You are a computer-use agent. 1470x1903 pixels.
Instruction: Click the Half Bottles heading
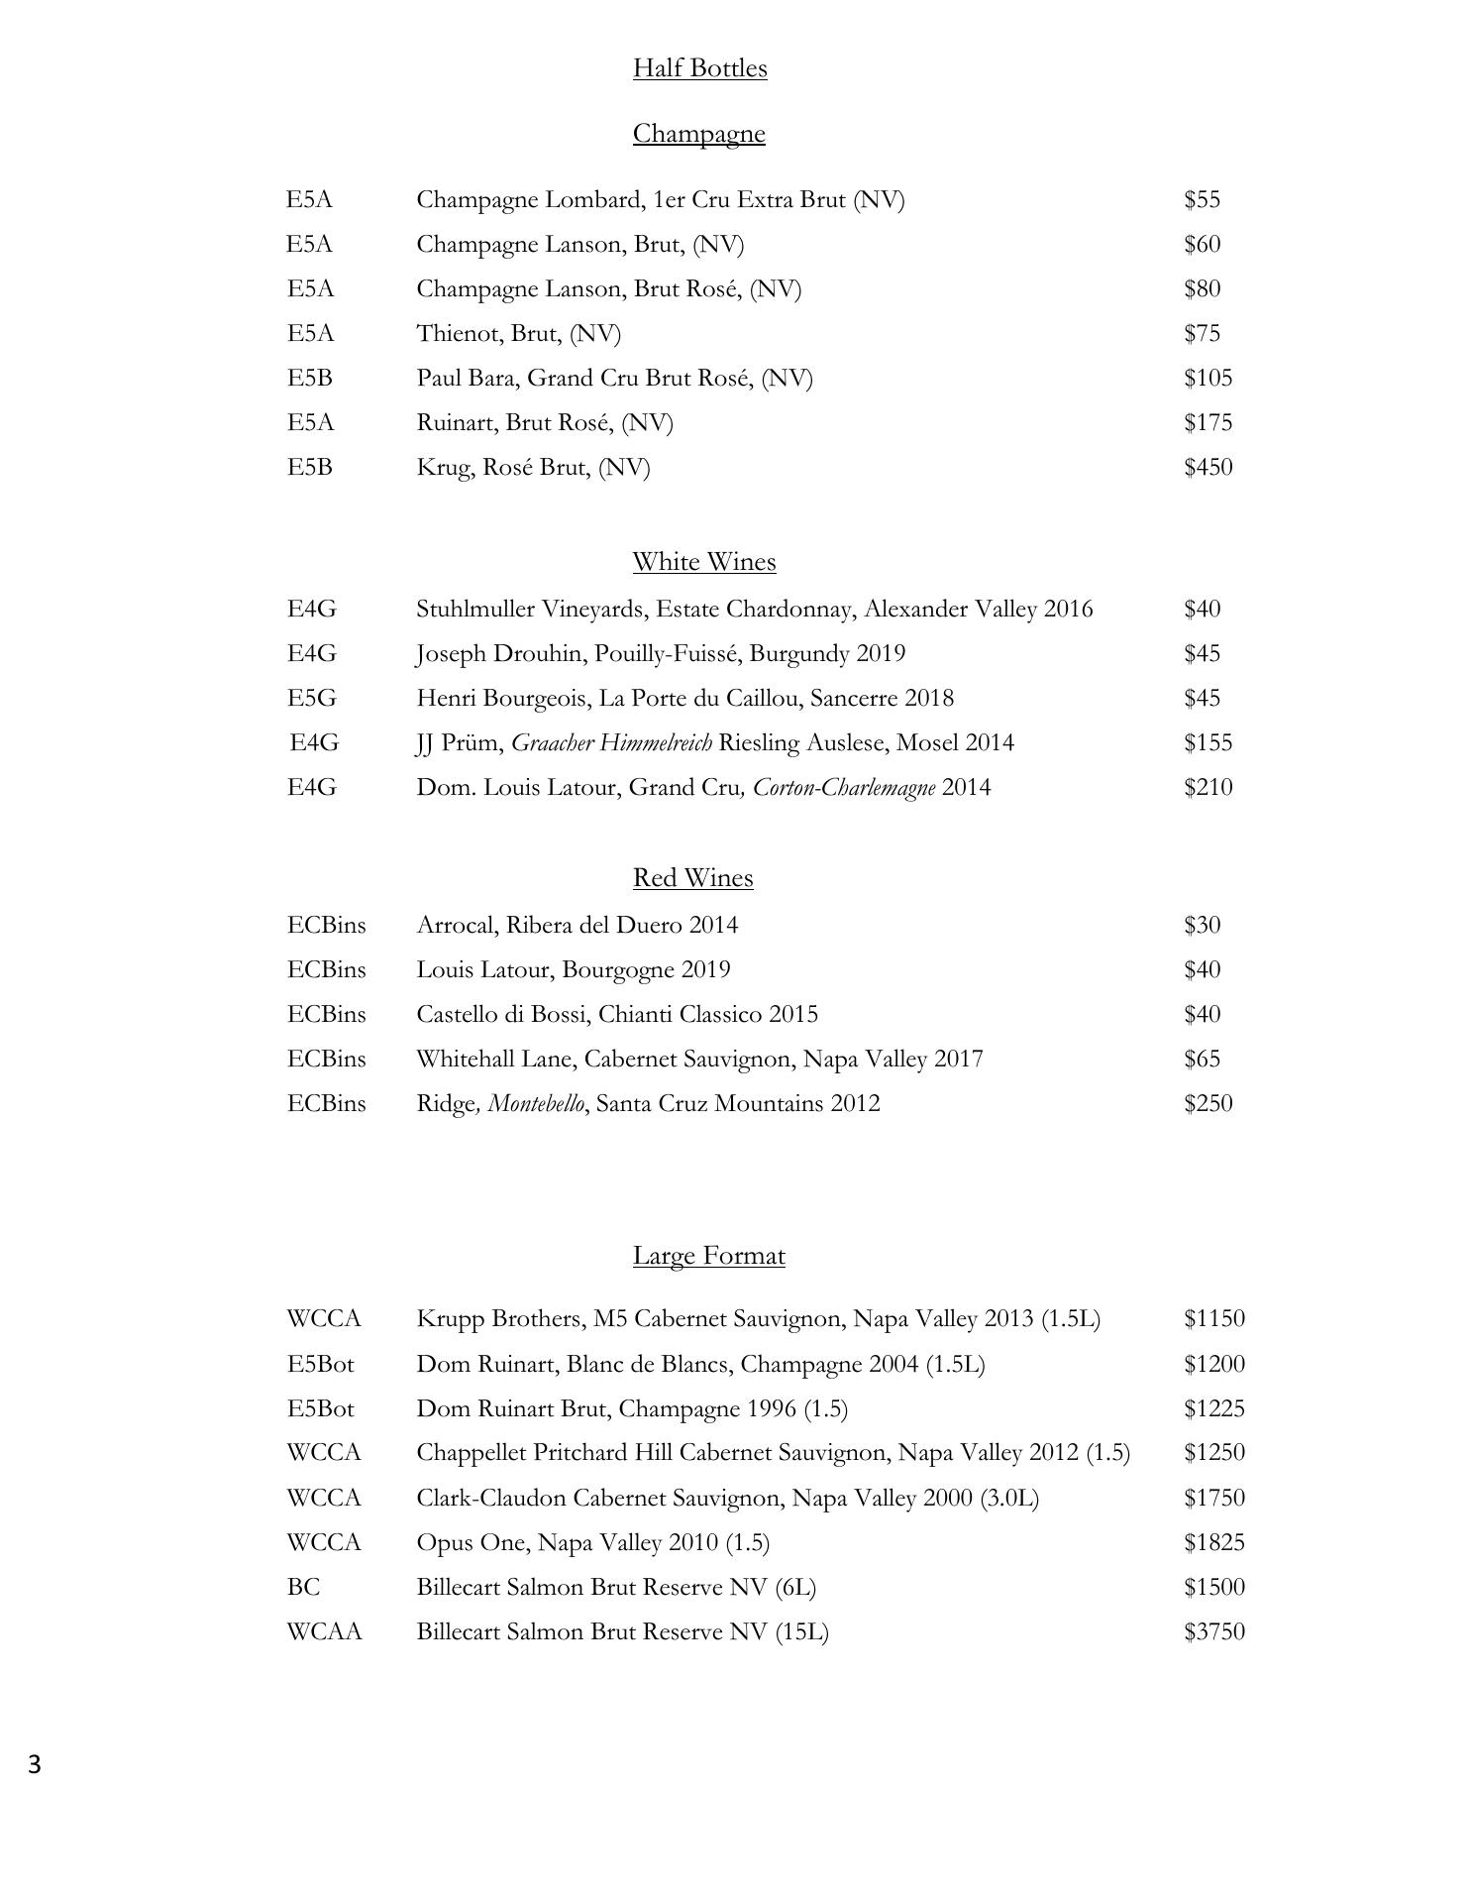(699, 68)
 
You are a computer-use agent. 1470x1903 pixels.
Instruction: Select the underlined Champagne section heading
(698, 134)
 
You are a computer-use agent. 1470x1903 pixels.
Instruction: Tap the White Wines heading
(703, 562)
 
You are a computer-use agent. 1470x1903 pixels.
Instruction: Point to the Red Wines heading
(692, 878)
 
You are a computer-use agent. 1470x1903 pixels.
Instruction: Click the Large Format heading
(708, 1256)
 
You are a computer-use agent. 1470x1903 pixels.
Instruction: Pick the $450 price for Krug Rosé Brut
(1207, 468)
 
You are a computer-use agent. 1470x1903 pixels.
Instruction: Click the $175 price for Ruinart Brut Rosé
(1207, 423)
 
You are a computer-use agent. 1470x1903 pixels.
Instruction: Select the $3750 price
(1213, 1632)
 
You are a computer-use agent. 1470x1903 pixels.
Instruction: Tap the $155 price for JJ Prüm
(1207, 743)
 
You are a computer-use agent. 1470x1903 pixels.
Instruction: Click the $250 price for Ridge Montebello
(1207, 1104)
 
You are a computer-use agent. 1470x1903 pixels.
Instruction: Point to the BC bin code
(303, 1588)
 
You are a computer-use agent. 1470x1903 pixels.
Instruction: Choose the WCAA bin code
(324, 1632)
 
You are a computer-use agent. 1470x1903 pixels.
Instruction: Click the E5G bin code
(311, 699)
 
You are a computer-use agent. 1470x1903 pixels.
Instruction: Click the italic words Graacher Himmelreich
(611, 743)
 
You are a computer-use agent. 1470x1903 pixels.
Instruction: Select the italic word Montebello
(536, 1104)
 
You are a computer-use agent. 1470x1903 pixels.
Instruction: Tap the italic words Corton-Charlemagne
(844, 788)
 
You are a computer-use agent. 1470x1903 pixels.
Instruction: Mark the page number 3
(35, 1765)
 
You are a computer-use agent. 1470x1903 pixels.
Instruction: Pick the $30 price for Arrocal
(1202, 926)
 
